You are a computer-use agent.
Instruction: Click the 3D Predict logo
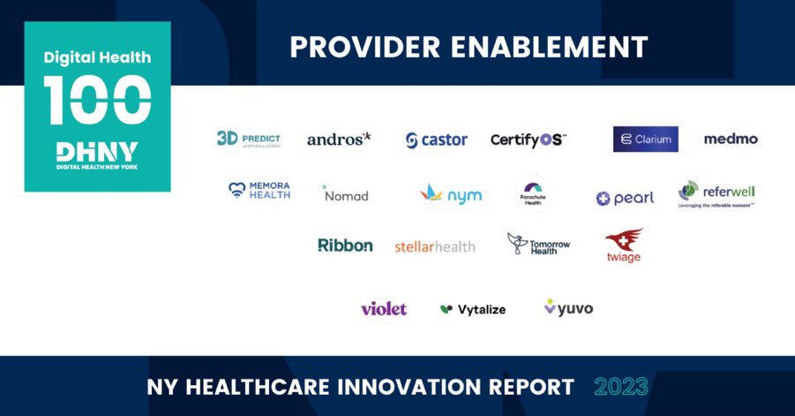coord(248,139)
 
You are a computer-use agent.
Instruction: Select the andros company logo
coord(339,139)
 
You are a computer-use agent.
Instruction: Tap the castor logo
coord(437,140)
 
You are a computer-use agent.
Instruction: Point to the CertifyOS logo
coord(529,140)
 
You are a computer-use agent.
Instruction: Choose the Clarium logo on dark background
coord(645,139)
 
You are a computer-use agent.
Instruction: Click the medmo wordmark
coord(731,139)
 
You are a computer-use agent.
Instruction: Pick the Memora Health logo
coord(259,190)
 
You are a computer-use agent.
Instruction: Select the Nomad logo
coord(345,194)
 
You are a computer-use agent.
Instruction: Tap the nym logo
coord(451,194)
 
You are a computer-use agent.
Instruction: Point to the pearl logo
coord(625,198)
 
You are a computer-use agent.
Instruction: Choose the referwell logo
coord(716,193)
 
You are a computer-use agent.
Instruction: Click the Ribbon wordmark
coord(345,246)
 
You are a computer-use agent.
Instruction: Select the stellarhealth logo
coord(435,246)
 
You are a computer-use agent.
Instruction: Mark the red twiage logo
coord(624,246)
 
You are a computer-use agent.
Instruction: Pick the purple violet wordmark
coord(384,308)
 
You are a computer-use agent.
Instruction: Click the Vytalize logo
coord(473,309)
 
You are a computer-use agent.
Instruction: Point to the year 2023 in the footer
coord(621,386)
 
